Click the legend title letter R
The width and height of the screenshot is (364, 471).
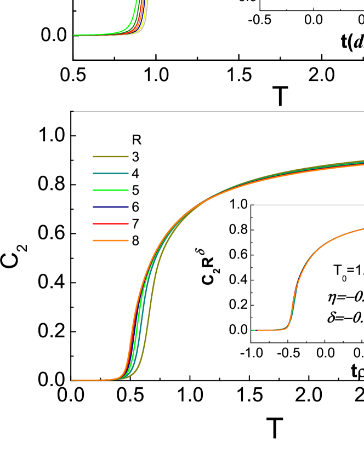136,140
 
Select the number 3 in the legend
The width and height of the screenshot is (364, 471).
135,157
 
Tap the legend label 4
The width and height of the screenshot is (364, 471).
135,174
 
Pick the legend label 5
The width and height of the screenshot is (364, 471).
135,191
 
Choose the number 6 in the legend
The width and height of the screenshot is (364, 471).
135,207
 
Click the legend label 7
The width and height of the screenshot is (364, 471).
135,224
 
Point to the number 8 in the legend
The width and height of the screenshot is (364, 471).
135,240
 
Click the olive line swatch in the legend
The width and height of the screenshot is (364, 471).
110,157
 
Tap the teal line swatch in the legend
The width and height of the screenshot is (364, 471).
110,174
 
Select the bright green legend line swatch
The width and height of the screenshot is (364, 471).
110,191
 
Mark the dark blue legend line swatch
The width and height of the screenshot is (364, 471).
110,207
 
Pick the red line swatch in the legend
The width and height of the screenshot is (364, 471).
110,224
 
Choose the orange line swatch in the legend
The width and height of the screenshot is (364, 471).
110,240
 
